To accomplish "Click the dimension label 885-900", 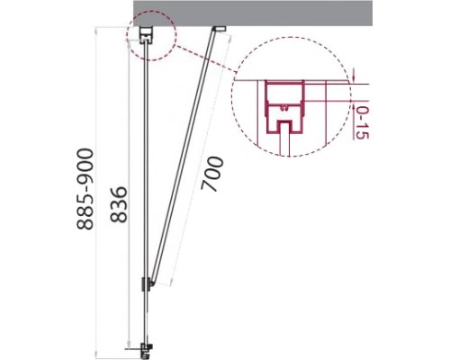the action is pyautogui.click(x=85, y=189).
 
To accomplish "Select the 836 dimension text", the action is pyautogui.click(x=119, y=204).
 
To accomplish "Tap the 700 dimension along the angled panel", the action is pyautogui.click(x=212, y=174).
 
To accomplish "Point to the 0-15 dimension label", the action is pyautogui.click(x=362, y=122).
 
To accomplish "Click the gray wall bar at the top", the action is pyautogui.click(x=253, y=13).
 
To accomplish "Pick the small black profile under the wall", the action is pyautogui.click(x=147, y=35).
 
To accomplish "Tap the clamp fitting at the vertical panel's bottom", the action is pyautogui.click(x=147, y=349).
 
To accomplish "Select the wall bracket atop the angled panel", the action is pyautogui.click(x=219, y=28).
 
